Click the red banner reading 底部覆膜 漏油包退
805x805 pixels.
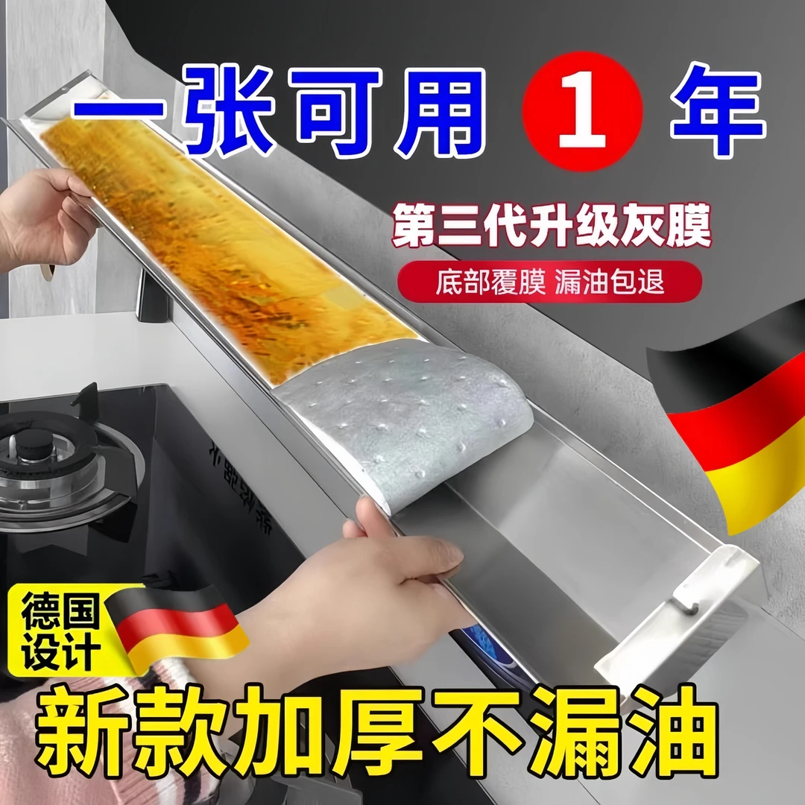(x=549, y=283)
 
